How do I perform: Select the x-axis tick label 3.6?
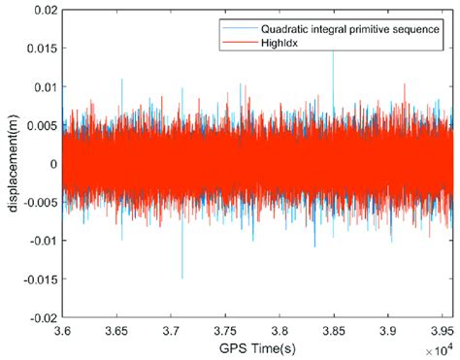click(x=62, y=329)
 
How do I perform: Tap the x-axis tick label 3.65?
click(x=116, y=329)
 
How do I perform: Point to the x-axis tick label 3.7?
click(x=172, y=329)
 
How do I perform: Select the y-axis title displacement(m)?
click(x=11, y=163)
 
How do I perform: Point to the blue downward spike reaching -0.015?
click(x=181, y=276)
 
